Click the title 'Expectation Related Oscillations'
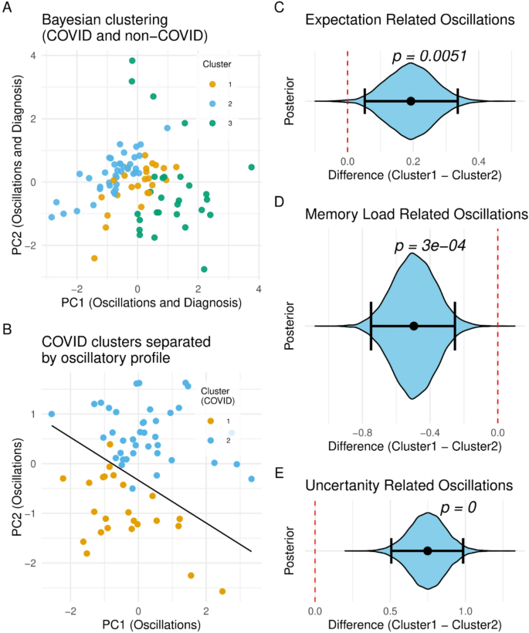pyautogui.click(x=421, y=17)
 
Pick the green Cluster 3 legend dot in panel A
pyautogui.click(x=213, y=124)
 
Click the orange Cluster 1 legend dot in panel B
pyautogui.click(x=212, y=422)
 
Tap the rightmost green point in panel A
pyautogui.click(x=252, y=167)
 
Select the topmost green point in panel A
pyautogui.click(x=132, y=61)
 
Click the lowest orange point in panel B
pyautogui.click(x=222, y=591)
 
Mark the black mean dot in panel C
pyautogui.click(x=411, y=101)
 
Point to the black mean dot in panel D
pyautogui.click(x=414, y=326)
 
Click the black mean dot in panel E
pyautogui.click(x=427, y=550)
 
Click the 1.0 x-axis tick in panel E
pyautogui.click(x=465, y=608)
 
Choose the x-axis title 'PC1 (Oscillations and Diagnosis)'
pyautogui.click(x=151, y=303)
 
